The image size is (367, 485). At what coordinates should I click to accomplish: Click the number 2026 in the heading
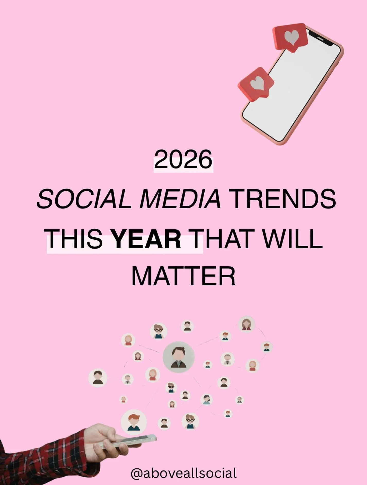[x=183, y=160]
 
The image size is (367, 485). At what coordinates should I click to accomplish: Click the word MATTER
[x=183, y=277]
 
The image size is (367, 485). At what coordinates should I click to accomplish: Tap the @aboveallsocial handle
[x=183, y=473]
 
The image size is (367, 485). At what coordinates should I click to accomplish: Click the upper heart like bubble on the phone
[x=291, y=37]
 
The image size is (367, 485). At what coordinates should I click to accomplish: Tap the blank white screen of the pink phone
[x=293, y=93]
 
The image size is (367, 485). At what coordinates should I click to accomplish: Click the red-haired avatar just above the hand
[x=134, y=422]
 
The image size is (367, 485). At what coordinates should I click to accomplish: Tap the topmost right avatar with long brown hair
[x=246, y=324]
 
